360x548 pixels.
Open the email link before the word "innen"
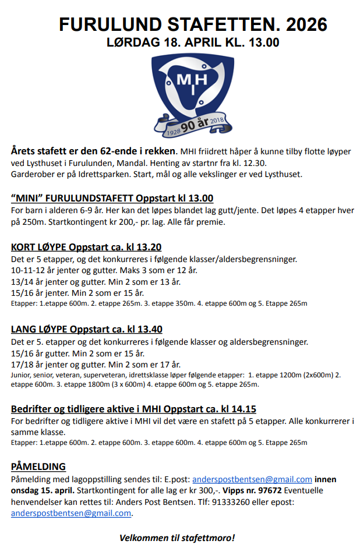[252, 479]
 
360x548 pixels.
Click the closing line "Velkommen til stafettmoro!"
[177, 537]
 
